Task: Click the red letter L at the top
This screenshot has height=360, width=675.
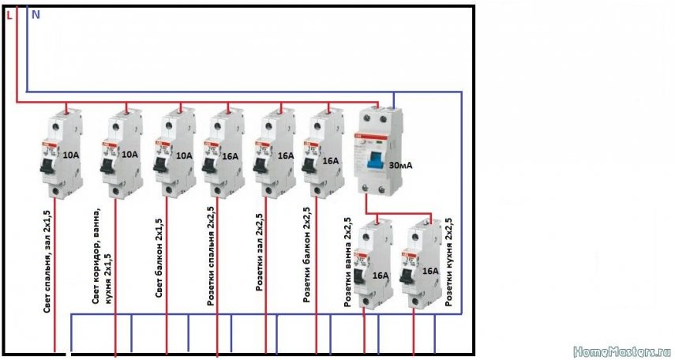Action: [9, 13]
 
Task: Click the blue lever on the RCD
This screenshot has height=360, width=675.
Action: [370, 163]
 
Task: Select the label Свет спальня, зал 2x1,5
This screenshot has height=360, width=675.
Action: [47, 268]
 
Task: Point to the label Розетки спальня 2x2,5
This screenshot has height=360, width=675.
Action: [211, 257]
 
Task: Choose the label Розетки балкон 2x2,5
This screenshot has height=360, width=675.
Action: [306, 256]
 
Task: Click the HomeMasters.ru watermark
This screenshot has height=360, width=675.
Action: [621, 349]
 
